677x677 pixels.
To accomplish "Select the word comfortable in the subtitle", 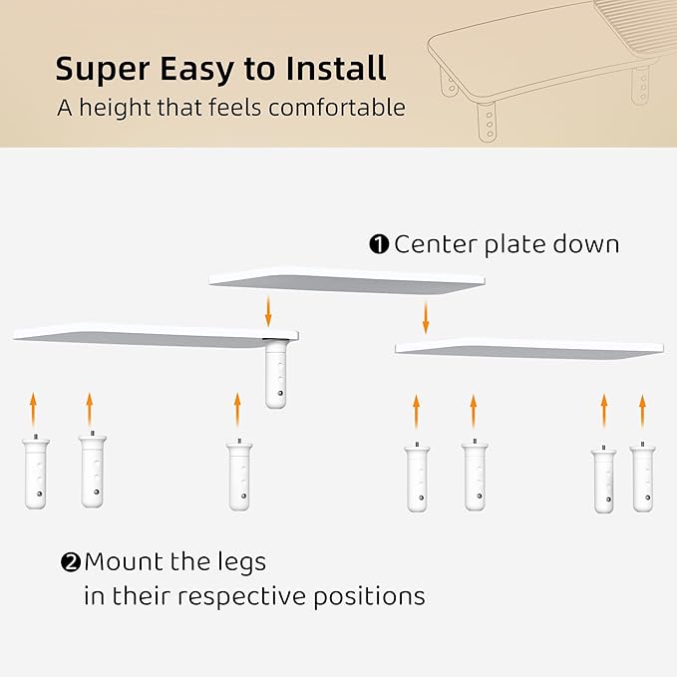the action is pyautogui.click(x=337, y=108).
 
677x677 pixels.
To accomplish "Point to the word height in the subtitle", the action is pyautogui.click(x=116, y=108).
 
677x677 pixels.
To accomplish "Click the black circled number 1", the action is pyautogui.click(x=379, y=244).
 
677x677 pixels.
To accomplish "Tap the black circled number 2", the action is pyautogui.click(x=71, y=562).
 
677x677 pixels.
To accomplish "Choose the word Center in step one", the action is pyautogui.click(x=436, y=244).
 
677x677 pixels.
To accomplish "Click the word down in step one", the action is pyautogui.click(x=586, y=244).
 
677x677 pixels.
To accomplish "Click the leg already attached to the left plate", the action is pyautogui.click(x=276, y=374).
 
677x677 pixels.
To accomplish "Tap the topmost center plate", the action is pyautogui.click(x=347, y=280).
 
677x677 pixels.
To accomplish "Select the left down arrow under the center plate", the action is pyautogui.click(x=268, y=311).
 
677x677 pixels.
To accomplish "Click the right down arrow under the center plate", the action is pyautogui.click(x=426, y=318).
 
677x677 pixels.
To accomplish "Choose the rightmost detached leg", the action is pyautogui.click(x=642, y=478).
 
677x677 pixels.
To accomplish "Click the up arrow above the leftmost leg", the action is pyautogui.click(x=33, y=410).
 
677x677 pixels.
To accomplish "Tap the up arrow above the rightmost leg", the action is pyautogui.click(x=642, y=412).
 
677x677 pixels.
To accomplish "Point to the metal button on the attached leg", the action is pyautogui.click(x=281, y=393).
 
